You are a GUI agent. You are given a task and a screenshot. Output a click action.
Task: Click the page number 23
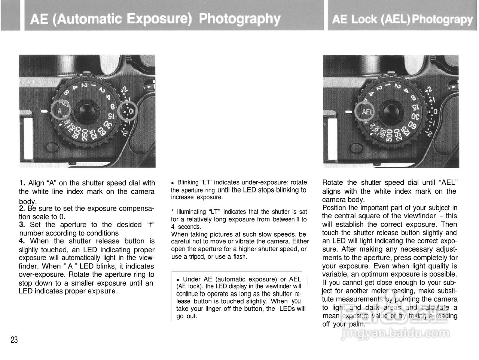pos(14,340)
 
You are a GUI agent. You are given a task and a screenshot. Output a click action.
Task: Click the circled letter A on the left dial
pos(60,111)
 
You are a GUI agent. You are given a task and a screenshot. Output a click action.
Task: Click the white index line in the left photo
pos(45,111)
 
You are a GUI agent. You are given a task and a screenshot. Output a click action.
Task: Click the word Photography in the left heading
pos(239,19)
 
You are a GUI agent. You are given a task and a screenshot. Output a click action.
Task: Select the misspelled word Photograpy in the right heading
pos(442,19)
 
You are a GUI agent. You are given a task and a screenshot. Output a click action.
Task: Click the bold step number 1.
pos(22,183)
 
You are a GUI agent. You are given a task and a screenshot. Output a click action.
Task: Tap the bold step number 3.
pos(22,225)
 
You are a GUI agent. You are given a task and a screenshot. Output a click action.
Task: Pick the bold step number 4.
pos(22,241)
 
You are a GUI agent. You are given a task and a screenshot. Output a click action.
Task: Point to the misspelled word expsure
pos(103,291)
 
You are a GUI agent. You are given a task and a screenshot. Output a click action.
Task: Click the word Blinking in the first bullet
pos(187,182)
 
